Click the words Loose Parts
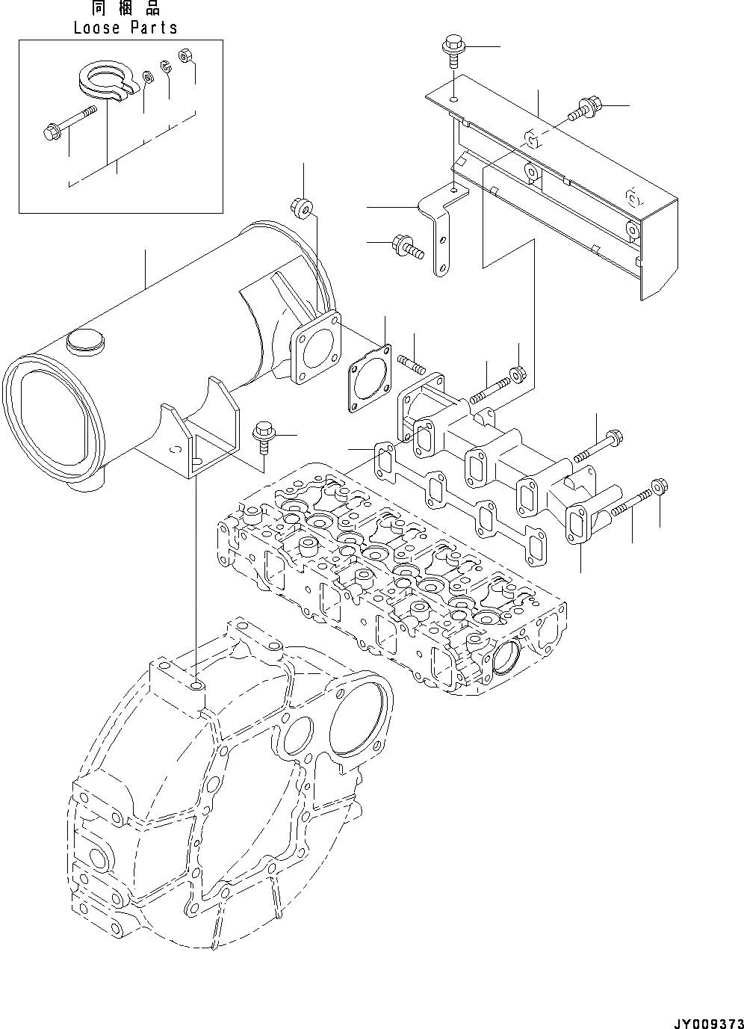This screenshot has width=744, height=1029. [x=125, y=28]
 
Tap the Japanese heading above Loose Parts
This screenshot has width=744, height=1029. [x=125, y=9]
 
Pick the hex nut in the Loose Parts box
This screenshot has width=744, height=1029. [x=185, y=55]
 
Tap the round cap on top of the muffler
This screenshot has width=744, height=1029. [x=83, y=342]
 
